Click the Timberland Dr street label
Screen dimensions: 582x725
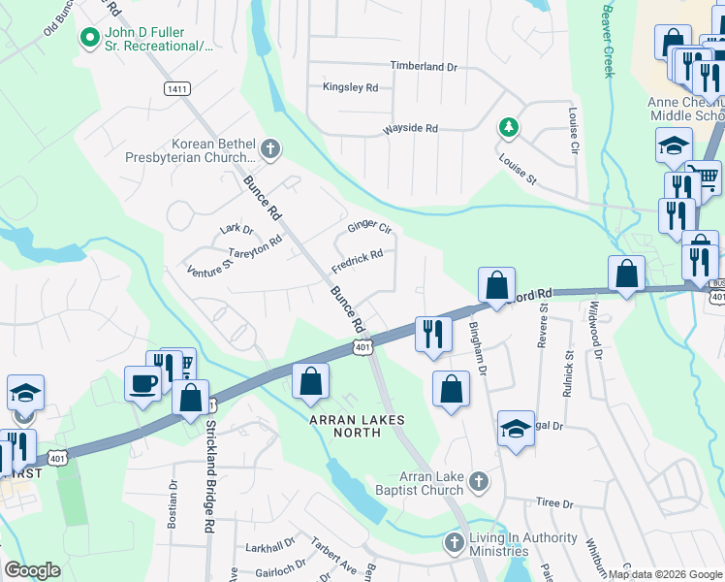(423, 66)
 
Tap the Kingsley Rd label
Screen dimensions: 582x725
(350, 87)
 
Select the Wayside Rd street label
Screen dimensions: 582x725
(410, 128)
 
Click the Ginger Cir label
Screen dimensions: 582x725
(369, 229)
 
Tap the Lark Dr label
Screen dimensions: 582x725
(236, 230)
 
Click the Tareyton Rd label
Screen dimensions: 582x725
(255, 246)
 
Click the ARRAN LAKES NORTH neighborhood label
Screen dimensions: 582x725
(357, 426)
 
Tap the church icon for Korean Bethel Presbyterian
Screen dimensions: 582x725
(270, 148)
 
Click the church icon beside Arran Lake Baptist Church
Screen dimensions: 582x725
(477, 481)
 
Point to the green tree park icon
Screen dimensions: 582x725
(507, 127)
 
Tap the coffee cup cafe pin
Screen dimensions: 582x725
(142, 383)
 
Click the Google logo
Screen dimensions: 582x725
(32, 570)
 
